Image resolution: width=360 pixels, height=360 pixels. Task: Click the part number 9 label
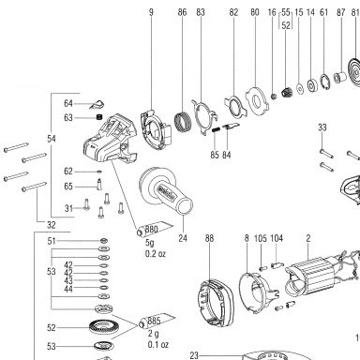click(151, 12)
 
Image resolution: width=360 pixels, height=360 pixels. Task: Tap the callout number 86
click(182, 12)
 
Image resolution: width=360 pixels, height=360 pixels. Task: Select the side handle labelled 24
click(166, 191)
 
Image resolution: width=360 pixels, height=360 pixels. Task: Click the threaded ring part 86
click(182, 122)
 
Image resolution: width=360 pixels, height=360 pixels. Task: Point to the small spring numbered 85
click(216, 129)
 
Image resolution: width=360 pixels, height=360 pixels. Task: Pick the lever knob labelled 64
click(97, 104)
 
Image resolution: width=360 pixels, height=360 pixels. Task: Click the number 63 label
click(68, 118)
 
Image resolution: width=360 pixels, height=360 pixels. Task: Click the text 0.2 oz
click(156, 254)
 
